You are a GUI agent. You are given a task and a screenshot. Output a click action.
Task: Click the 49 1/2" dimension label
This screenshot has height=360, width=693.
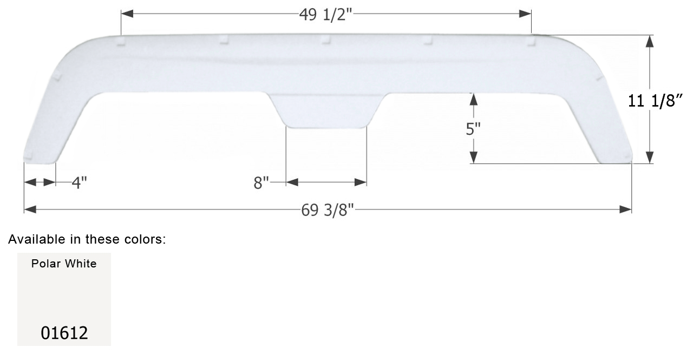pos(326,14)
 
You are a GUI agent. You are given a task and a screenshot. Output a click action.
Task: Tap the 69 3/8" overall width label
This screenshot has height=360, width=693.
pos(328,210)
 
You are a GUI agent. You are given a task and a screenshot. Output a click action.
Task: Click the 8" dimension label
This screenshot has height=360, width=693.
pos(261,183)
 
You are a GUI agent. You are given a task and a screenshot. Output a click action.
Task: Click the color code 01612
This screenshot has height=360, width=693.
pos(64,332)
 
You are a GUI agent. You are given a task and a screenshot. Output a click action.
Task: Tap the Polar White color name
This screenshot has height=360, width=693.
pos(64,264)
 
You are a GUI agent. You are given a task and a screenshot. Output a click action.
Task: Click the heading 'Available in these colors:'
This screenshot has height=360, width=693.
pos(87,239)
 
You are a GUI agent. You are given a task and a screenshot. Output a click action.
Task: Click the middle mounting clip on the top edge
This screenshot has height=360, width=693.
pos(325,39)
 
